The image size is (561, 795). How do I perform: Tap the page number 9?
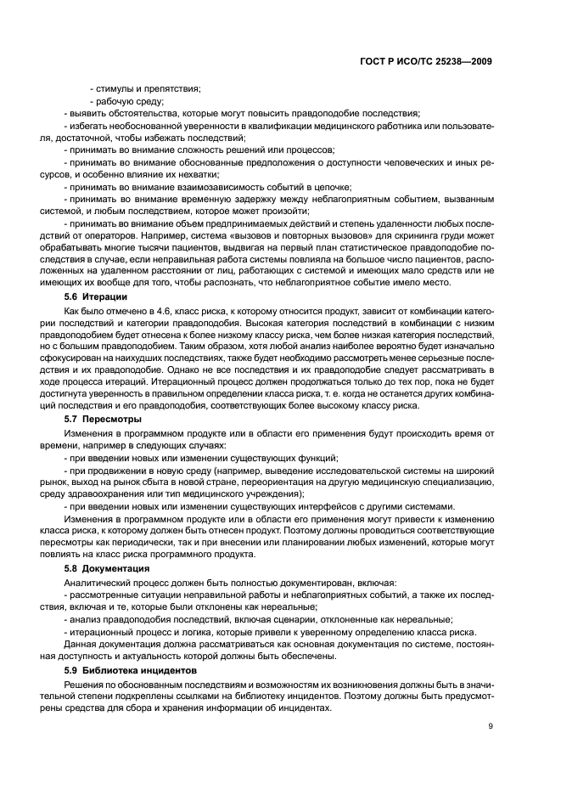click(x=490, y=726)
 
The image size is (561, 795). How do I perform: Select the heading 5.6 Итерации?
click(x=96, y=296)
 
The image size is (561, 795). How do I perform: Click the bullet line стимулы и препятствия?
click(x=146, y=89)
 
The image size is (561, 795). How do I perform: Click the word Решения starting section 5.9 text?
click(x=84, y=684)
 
